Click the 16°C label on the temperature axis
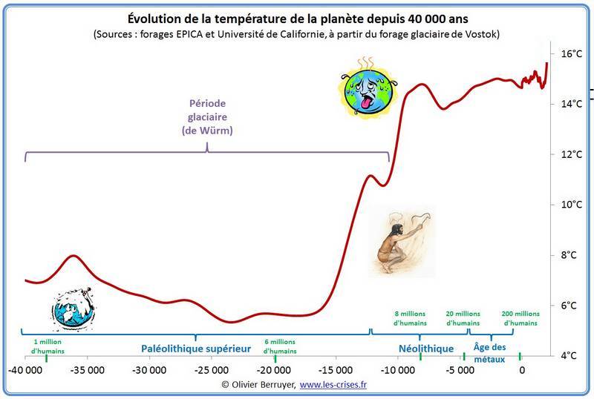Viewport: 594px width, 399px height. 572,54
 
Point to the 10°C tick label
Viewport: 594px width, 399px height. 572,205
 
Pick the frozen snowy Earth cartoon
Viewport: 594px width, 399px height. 73,306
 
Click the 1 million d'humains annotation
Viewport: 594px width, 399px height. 48,345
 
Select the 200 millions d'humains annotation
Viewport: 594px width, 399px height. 520,318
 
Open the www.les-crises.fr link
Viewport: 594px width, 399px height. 338,384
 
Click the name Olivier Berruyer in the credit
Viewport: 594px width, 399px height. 261,384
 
